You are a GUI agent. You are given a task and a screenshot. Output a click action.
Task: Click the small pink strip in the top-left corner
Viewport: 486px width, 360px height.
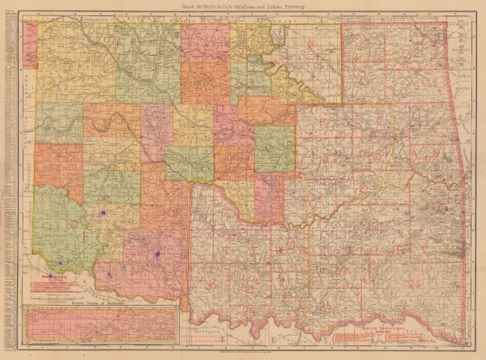coord(30,45)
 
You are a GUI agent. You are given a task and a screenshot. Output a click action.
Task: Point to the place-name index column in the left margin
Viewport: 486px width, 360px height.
coord(6,162)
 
